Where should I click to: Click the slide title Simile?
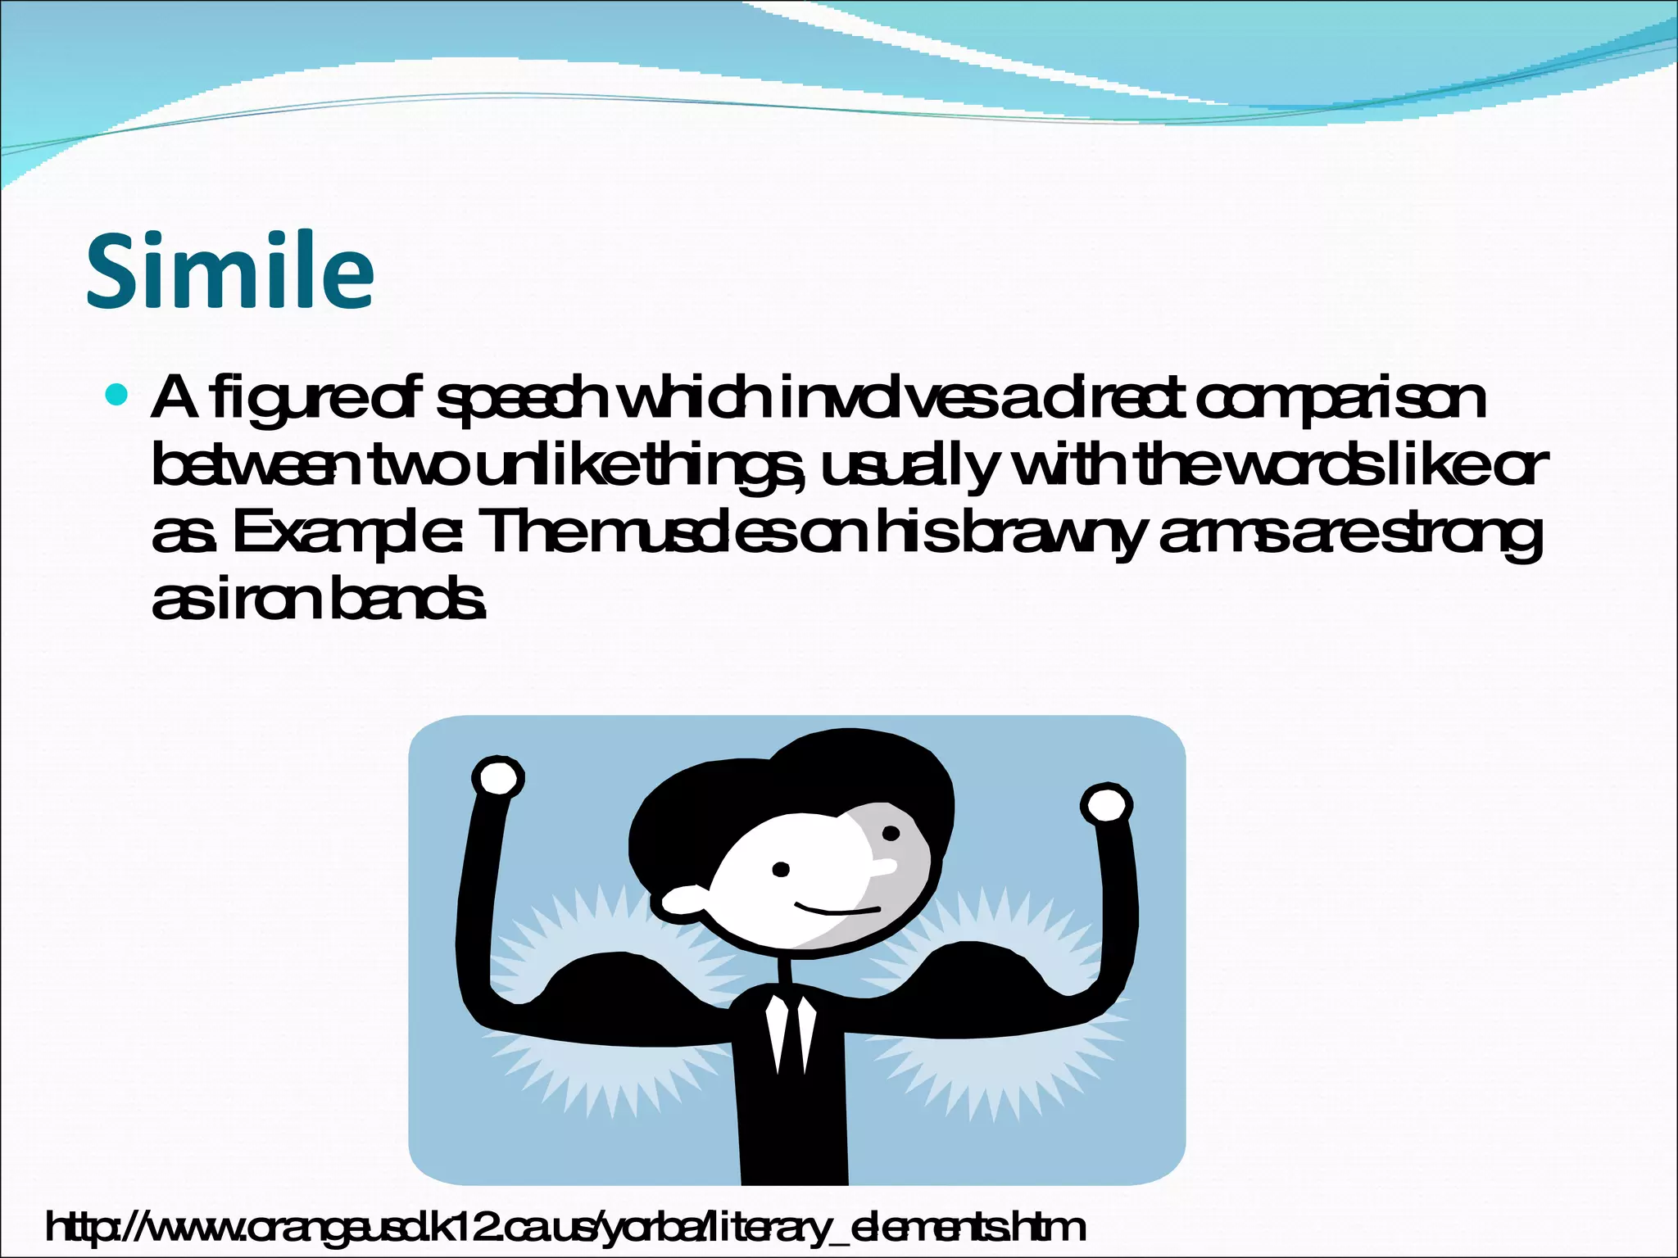point(230,270)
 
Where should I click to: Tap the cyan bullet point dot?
point(118,395)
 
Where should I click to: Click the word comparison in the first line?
point(1340,400)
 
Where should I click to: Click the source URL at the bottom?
point(565,1227)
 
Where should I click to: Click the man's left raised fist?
point(498,777)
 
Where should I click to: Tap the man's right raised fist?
point(1107,805)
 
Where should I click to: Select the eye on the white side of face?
point(781,869)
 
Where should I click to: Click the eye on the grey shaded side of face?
point(891,835)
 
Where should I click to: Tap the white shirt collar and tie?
point(791,1032)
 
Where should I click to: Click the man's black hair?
point(787,786)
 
